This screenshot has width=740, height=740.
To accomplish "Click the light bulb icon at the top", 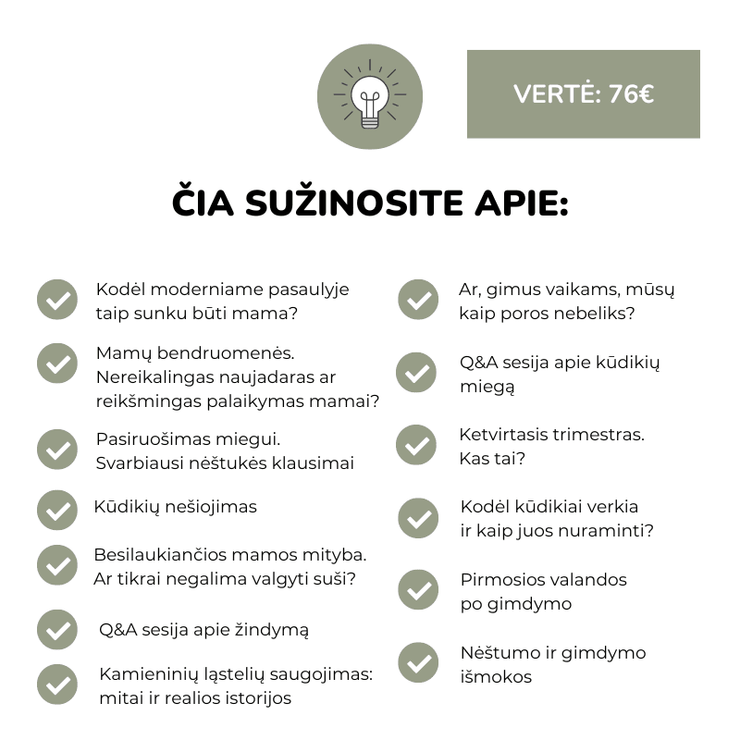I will coord(370,96).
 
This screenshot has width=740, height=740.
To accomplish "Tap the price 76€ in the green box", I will coord(632,94).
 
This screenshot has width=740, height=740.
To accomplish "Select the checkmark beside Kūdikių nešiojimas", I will coord(57,510).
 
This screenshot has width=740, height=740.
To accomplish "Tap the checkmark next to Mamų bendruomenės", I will coord(57,363).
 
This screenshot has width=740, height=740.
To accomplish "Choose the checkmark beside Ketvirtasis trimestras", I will coord(416,446).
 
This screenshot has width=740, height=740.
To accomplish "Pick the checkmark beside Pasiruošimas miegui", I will coord(57,450).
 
